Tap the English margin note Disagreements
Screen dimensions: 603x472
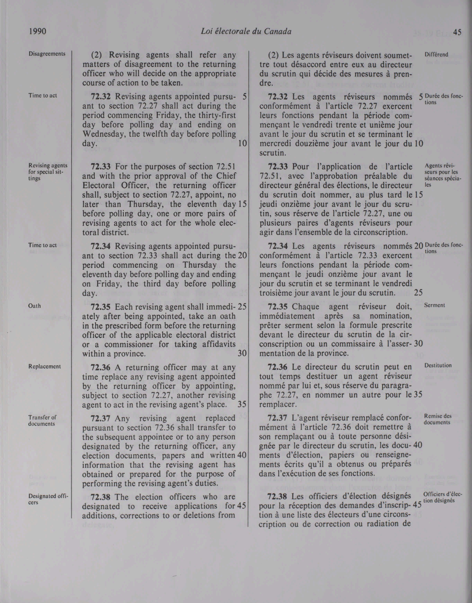click(47, 54)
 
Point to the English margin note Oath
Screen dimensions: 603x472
click(35, 306)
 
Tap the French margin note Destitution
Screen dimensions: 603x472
click(438, 365)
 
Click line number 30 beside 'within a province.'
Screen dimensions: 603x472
click(242, 353)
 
